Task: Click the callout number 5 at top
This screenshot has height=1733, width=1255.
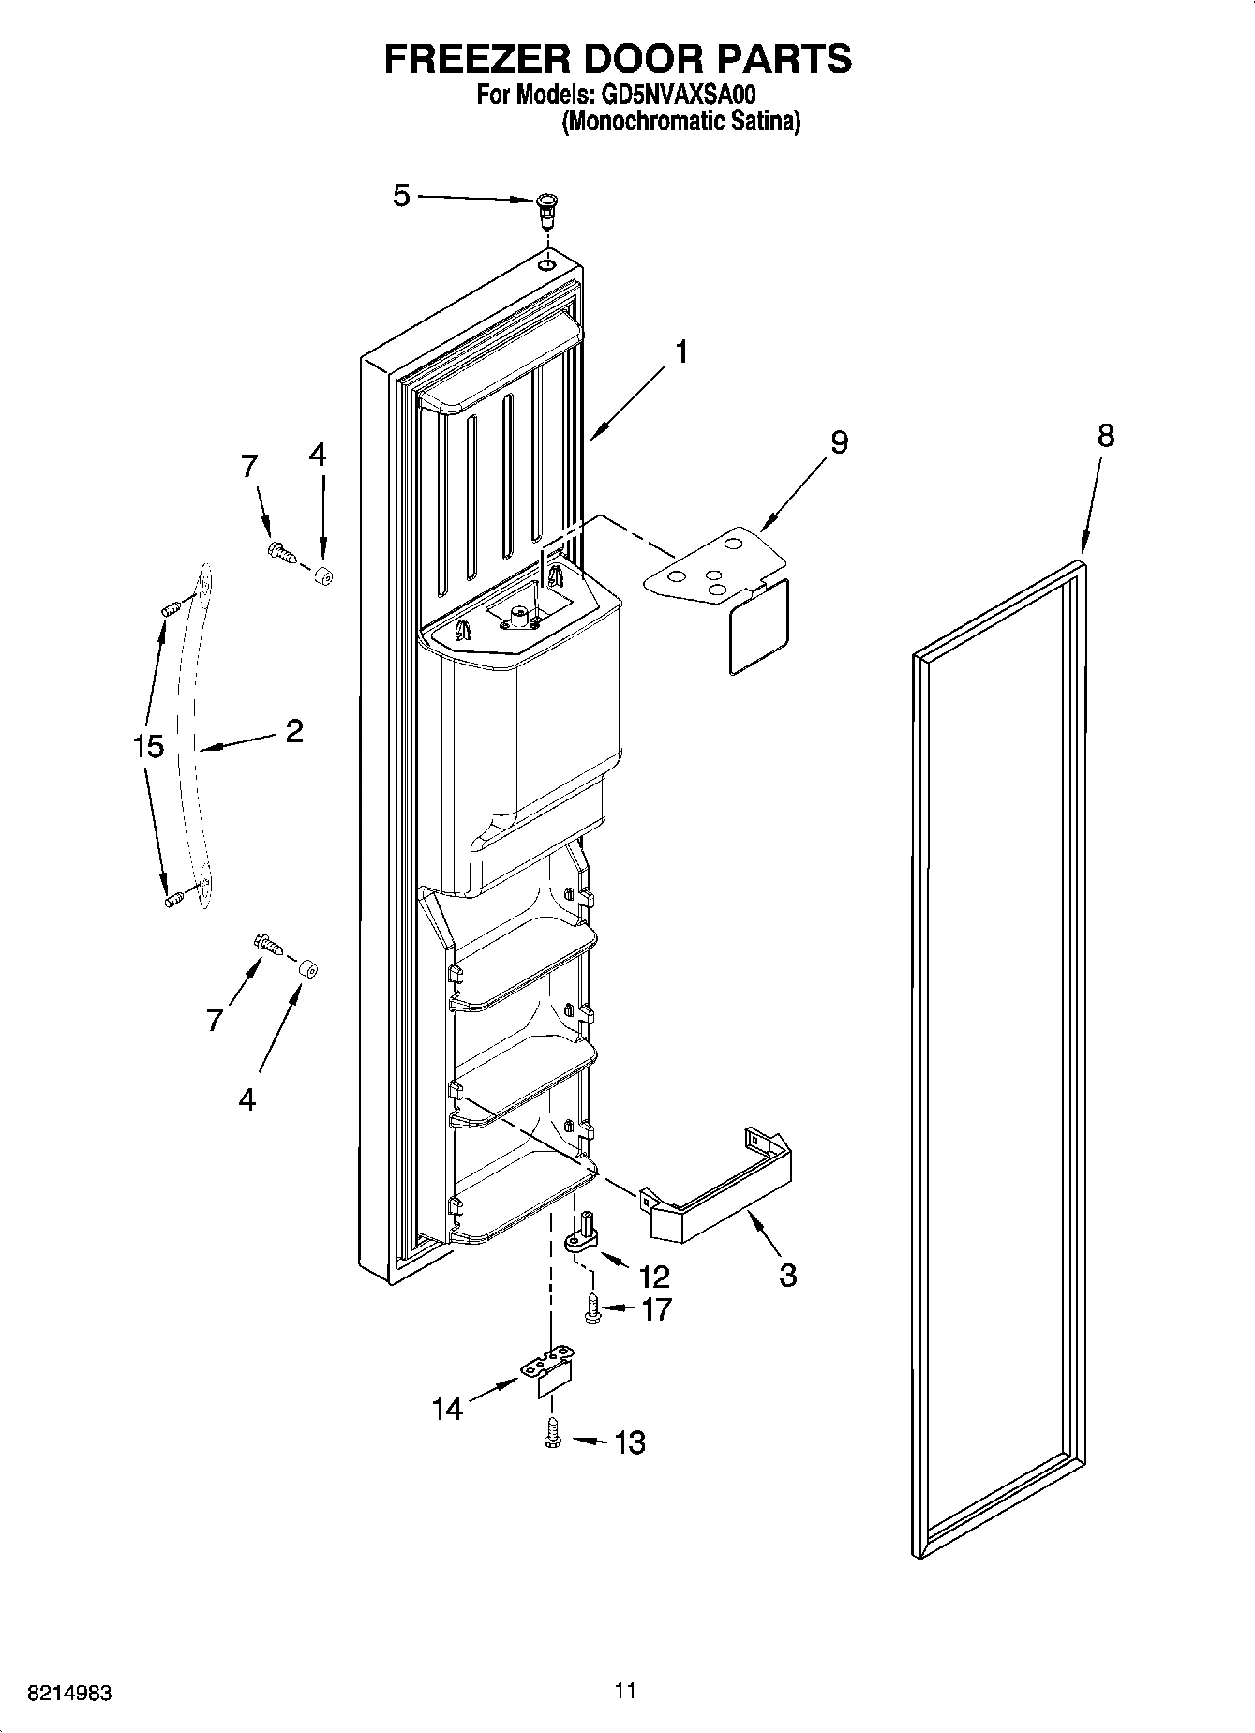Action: click(x=401, y=197)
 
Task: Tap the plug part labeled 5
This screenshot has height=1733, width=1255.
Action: click(x=545, y=209)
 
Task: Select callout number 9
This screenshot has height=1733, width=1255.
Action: click(x=839, y=441)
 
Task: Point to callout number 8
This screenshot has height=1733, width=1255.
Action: click(x=1106, y=436)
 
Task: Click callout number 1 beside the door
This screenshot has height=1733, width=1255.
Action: click(x=681, y=352)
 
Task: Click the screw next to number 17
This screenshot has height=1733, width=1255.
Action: click(x=592, y=1308)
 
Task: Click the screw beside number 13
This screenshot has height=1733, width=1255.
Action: click(x=551, y=1436)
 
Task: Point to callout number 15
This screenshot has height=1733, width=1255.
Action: click(x=148, y=747)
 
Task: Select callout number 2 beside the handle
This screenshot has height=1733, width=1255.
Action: click(x=293, y=731)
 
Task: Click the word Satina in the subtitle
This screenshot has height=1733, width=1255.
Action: click(x=762, y=123)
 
